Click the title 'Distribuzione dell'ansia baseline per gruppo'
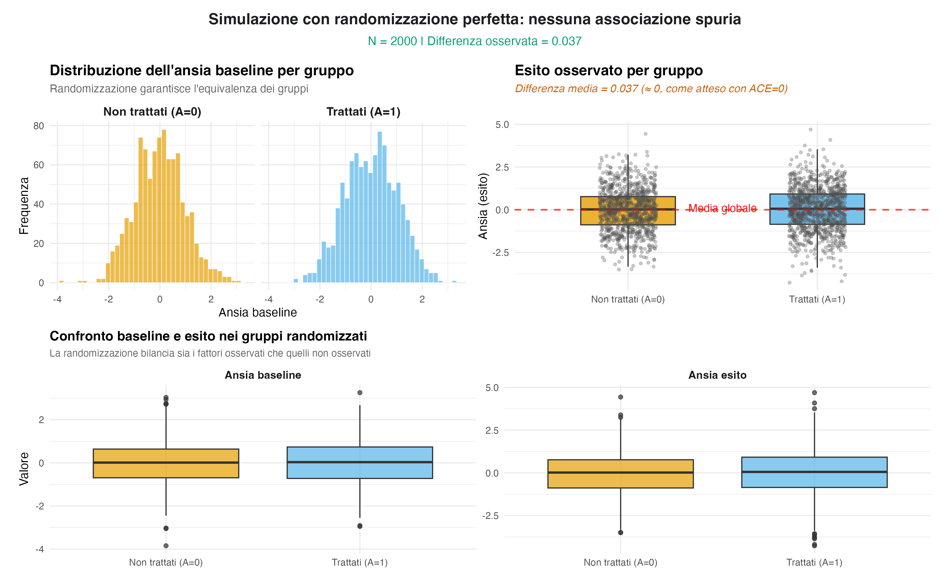[201, 71]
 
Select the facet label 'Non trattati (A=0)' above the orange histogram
[152, 112]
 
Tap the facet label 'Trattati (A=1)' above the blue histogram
[363, 112]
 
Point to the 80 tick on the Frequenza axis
[39, 126]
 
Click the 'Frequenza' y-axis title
[24, 206]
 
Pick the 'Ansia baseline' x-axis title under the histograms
[258, 313]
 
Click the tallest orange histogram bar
[164, 206]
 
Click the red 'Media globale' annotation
[722, 209]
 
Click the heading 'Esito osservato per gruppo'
[609, 71]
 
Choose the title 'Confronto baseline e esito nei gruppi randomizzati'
[208, 336]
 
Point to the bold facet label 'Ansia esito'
[717, 375]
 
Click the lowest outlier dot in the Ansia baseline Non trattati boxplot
[166, 546]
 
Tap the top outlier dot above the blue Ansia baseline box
[360, 392]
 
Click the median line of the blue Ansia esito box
[814, 472]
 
